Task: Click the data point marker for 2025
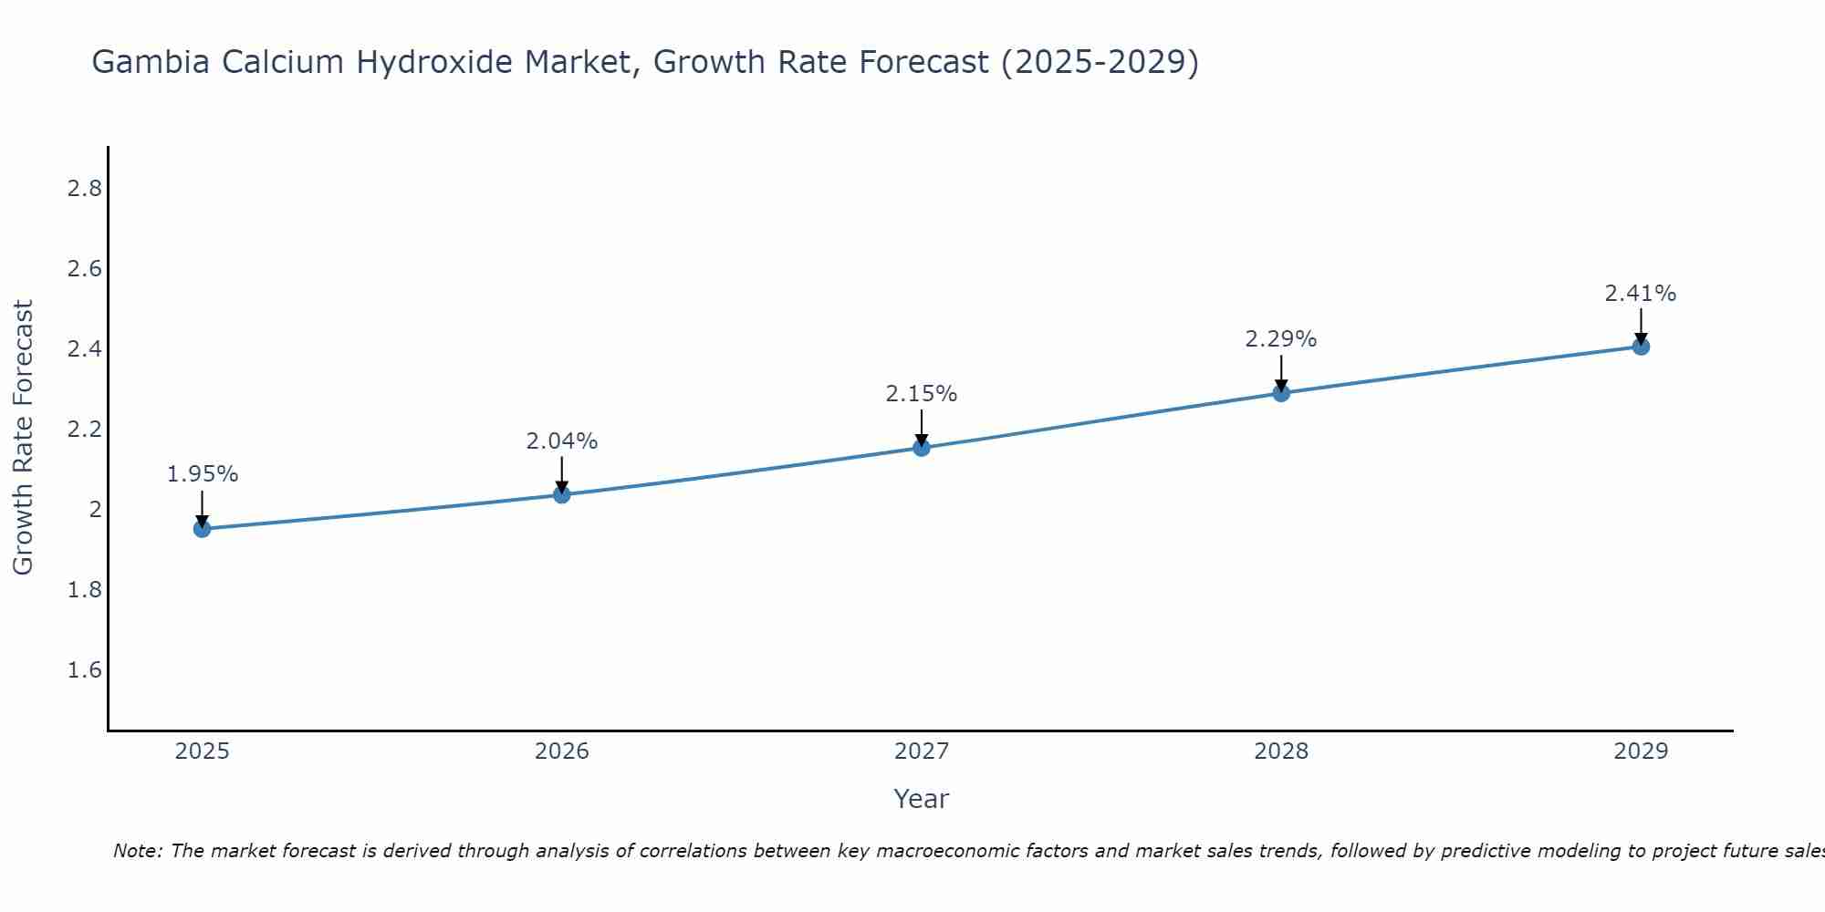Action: pyautogui.click(x=202, y=529)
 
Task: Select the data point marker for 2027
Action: pyautogui.click(x=922, y=448)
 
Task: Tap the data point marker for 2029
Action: pyautogui.click(x=1641, y=347)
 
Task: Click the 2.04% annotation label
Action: pyautogui.click(x=561, y=441)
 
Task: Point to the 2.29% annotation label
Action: pyautogui.click(x=1281, y=339)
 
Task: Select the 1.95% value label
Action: pyautogui.click(x=202, y=474)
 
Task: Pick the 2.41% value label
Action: pyautogui.click(x=1641, y=294)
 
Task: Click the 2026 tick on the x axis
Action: pyautogui.click(x=561, y=751)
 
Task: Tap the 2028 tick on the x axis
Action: pyautogui.click(x=1281, y=751)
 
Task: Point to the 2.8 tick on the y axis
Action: pyautogui.click(x=84, y=189)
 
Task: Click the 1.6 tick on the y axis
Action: pyautogui.click(x=84, y=670)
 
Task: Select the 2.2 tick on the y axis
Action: pyautogui.click(x=84, y=430)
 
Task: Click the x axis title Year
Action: pyautogui.click(x=922, y=799)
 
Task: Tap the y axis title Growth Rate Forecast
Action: pyautogui.click(x=23, y=438)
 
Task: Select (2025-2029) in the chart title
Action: pyautogui.click(x=1100, y=62)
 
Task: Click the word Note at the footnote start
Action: pyautogui.click(x=137, y=851)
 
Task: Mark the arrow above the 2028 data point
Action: pyautogui.click(x=1281, y=372)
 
